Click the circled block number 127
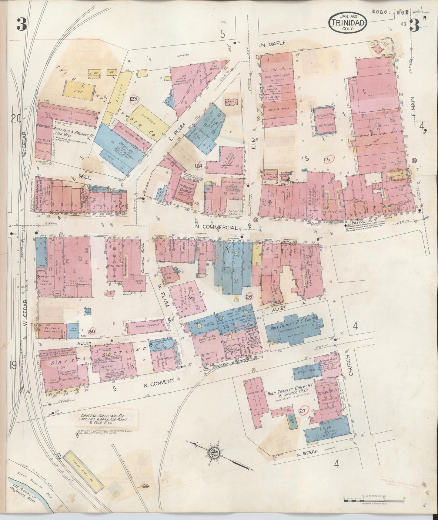pos(303,411)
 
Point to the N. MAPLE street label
pos(273,44)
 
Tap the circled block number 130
pos(91,332)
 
